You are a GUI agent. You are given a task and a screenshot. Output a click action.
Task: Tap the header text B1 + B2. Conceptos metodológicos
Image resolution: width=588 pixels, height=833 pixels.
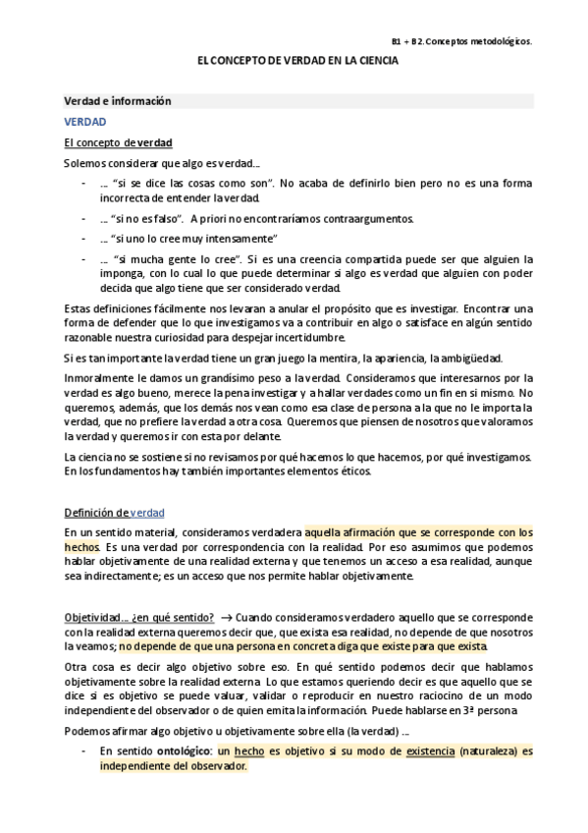(461, 42)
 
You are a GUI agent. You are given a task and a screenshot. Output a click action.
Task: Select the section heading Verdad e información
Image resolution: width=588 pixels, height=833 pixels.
(118, 101)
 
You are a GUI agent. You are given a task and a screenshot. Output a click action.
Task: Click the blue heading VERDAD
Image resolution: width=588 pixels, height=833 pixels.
(85, 122)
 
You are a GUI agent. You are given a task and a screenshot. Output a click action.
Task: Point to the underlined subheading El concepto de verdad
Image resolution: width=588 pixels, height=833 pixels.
(118, 142)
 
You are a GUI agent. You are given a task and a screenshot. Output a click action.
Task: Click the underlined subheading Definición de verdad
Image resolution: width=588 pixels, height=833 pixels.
(114, 513)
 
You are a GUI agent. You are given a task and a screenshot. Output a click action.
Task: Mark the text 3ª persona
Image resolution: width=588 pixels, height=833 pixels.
(503, 710)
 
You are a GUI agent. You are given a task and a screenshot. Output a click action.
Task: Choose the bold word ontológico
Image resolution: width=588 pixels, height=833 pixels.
(183, 751)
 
